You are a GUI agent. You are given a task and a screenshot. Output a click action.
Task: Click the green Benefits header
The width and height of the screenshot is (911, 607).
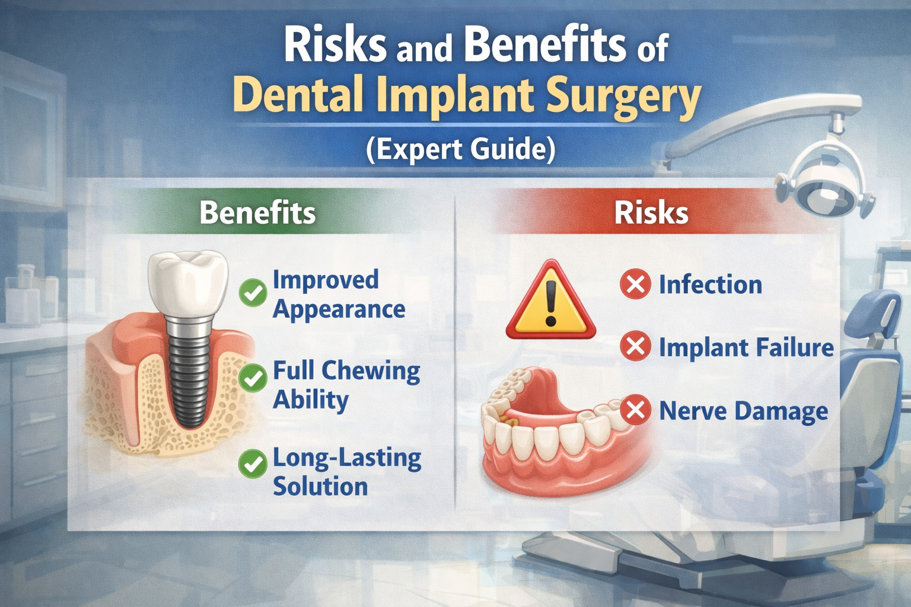[x=258, y=212]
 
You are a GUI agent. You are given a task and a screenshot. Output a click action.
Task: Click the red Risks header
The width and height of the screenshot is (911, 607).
[x=651, y=212]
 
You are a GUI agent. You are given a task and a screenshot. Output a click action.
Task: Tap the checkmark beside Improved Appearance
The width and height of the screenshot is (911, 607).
[x=253, y=293]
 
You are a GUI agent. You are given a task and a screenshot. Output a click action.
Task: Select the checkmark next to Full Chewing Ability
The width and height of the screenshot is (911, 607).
[x=253, y=378]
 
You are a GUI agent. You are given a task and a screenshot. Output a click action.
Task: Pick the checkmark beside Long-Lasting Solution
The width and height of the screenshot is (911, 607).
[x=253, y=464]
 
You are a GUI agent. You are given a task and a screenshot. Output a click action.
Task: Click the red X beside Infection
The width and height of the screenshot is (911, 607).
[x=635, y=284]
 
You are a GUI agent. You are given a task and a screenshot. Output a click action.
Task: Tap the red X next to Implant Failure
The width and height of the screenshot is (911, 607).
[x=635, y=346]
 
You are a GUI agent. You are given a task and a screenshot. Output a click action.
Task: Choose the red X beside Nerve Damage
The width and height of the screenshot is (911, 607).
[x=635, y=410]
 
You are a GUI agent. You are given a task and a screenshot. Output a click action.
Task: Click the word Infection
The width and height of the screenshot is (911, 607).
[x=710, y=284]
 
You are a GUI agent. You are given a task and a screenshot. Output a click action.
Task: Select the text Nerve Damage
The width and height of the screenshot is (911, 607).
[x=743, y=411]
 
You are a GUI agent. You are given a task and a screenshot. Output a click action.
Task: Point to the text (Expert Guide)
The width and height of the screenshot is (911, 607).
[x=460, y=149]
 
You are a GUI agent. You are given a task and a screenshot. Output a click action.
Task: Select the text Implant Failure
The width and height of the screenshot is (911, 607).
[x=746, y=347]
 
